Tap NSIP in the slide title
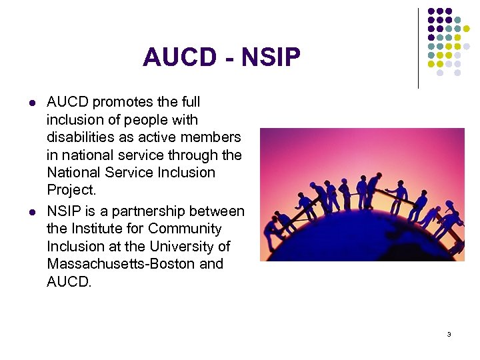coord(271,58)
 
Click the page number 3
coord(449,334)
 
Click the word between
coord(220,211)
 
